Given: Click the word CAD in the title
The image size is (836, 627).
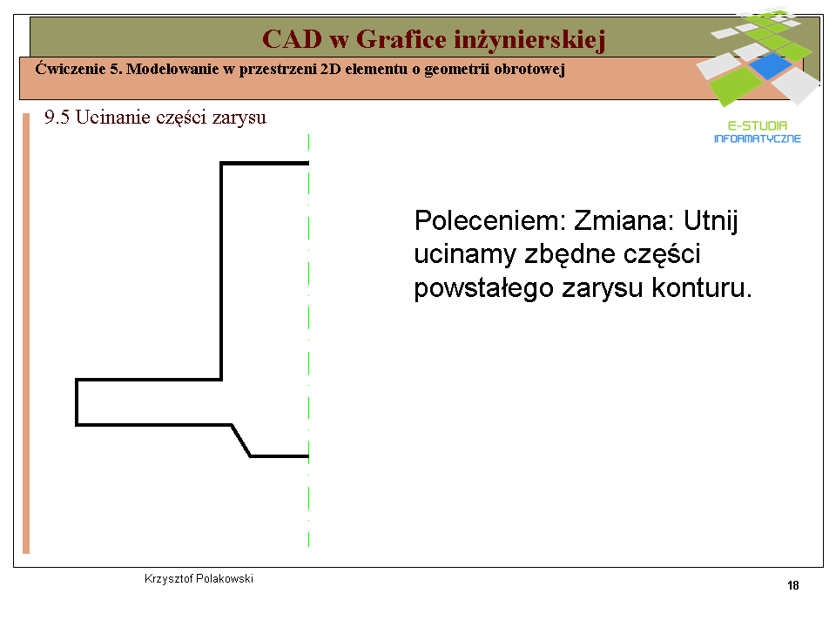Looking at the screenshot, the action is coord(293,39).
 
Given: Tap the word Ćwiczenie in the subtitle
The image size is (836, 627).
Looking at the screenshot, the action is coord(71,68).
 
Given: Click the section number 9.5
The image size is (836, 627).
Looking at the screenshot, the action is coord(57,118).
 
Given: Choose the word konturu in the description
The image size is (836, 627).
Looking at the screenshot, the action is coord(702,288).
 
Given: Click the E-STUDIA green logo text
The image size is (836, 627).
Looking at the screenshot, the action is coord(757,125).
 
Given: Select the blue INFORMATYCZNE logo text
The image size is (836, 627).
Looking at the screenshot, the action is coord(757,138).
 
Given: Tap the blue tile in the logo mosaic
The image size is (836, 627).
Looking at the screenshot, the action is coord(770,65).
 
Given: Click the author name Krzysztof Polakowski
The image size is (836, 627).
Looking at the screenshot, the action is coord(199,578).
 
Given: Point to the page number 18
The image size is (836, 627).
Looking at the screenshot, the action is coord(792,585).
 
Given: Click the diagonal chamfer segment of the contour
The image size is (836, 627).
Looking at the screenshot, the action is coord(241,441).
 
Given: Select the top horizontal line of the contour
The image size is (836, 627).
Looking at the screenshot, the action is coord(265,163).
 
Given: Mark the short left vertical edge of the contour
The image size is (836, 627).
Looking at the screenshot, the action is coord(77,402).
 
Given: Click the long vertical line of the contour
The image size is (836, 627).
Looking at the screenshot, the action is coord(221,271).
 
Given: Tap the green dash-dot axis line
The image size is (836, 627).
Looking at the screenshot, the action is coord(308,340).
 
